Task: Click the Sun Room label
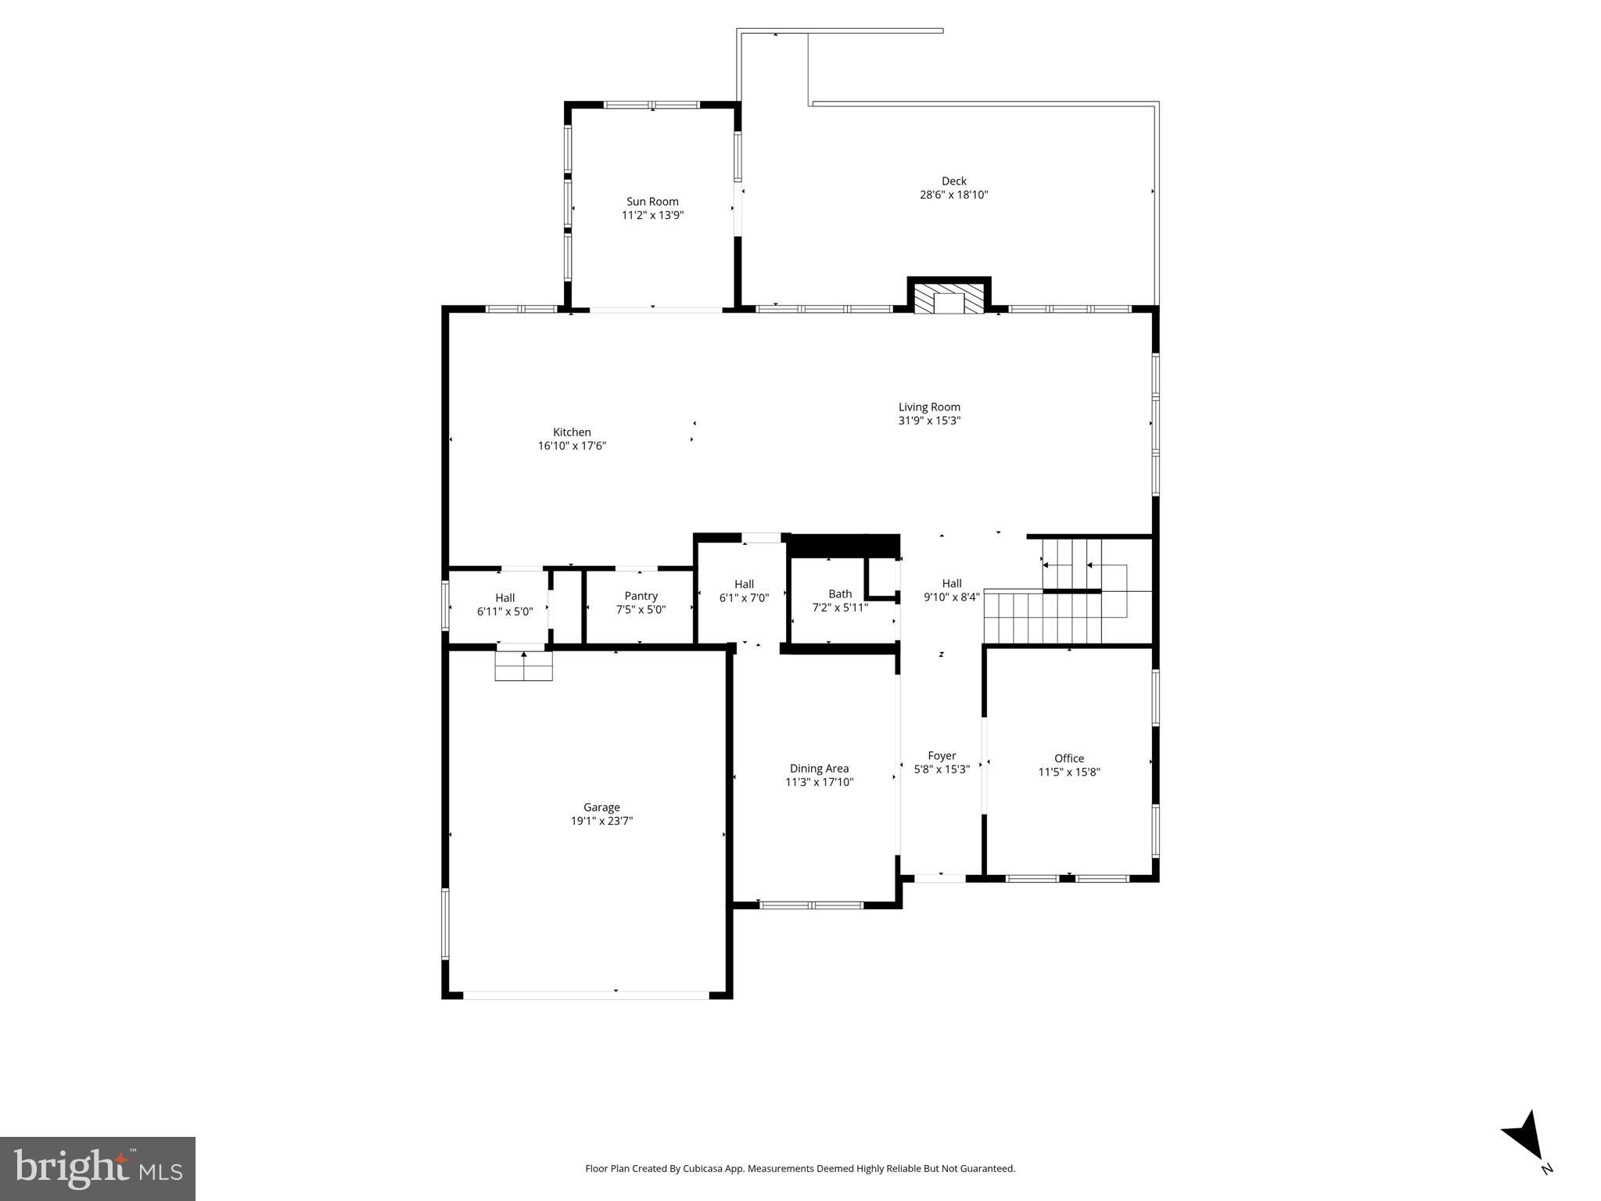click(x=652, y=202)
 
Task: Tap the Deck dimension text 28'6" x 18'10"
click(x=953, y=195)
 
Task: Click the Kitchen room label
click(x=572, y=432)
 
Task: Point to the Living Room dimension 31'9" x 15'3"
click(x=929, y=421)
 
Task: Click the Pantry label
click(x=641, y=597)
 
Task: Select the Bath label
click(x=840, y=594)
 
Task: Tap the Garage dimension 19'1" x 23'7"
click(x=601, y=821)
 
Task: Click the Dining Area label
click(x=819, y=769)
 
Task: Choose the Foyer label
click(x=942, y=756)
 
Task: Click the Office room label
click(x=1069, y=758)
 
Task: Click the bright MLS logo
click(x=98, y=1168)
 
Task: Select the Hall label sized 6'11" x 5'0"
click(x=504, y=598)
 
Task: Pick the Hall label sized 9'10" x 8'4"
click(x=952, y=583)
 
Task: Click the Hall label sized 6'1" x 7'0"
click(x=744, y=584)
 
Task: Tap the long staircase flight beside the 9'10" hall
click(x=1042, y=618)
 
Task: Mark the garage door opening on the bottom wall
click(x=586, y=995)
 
